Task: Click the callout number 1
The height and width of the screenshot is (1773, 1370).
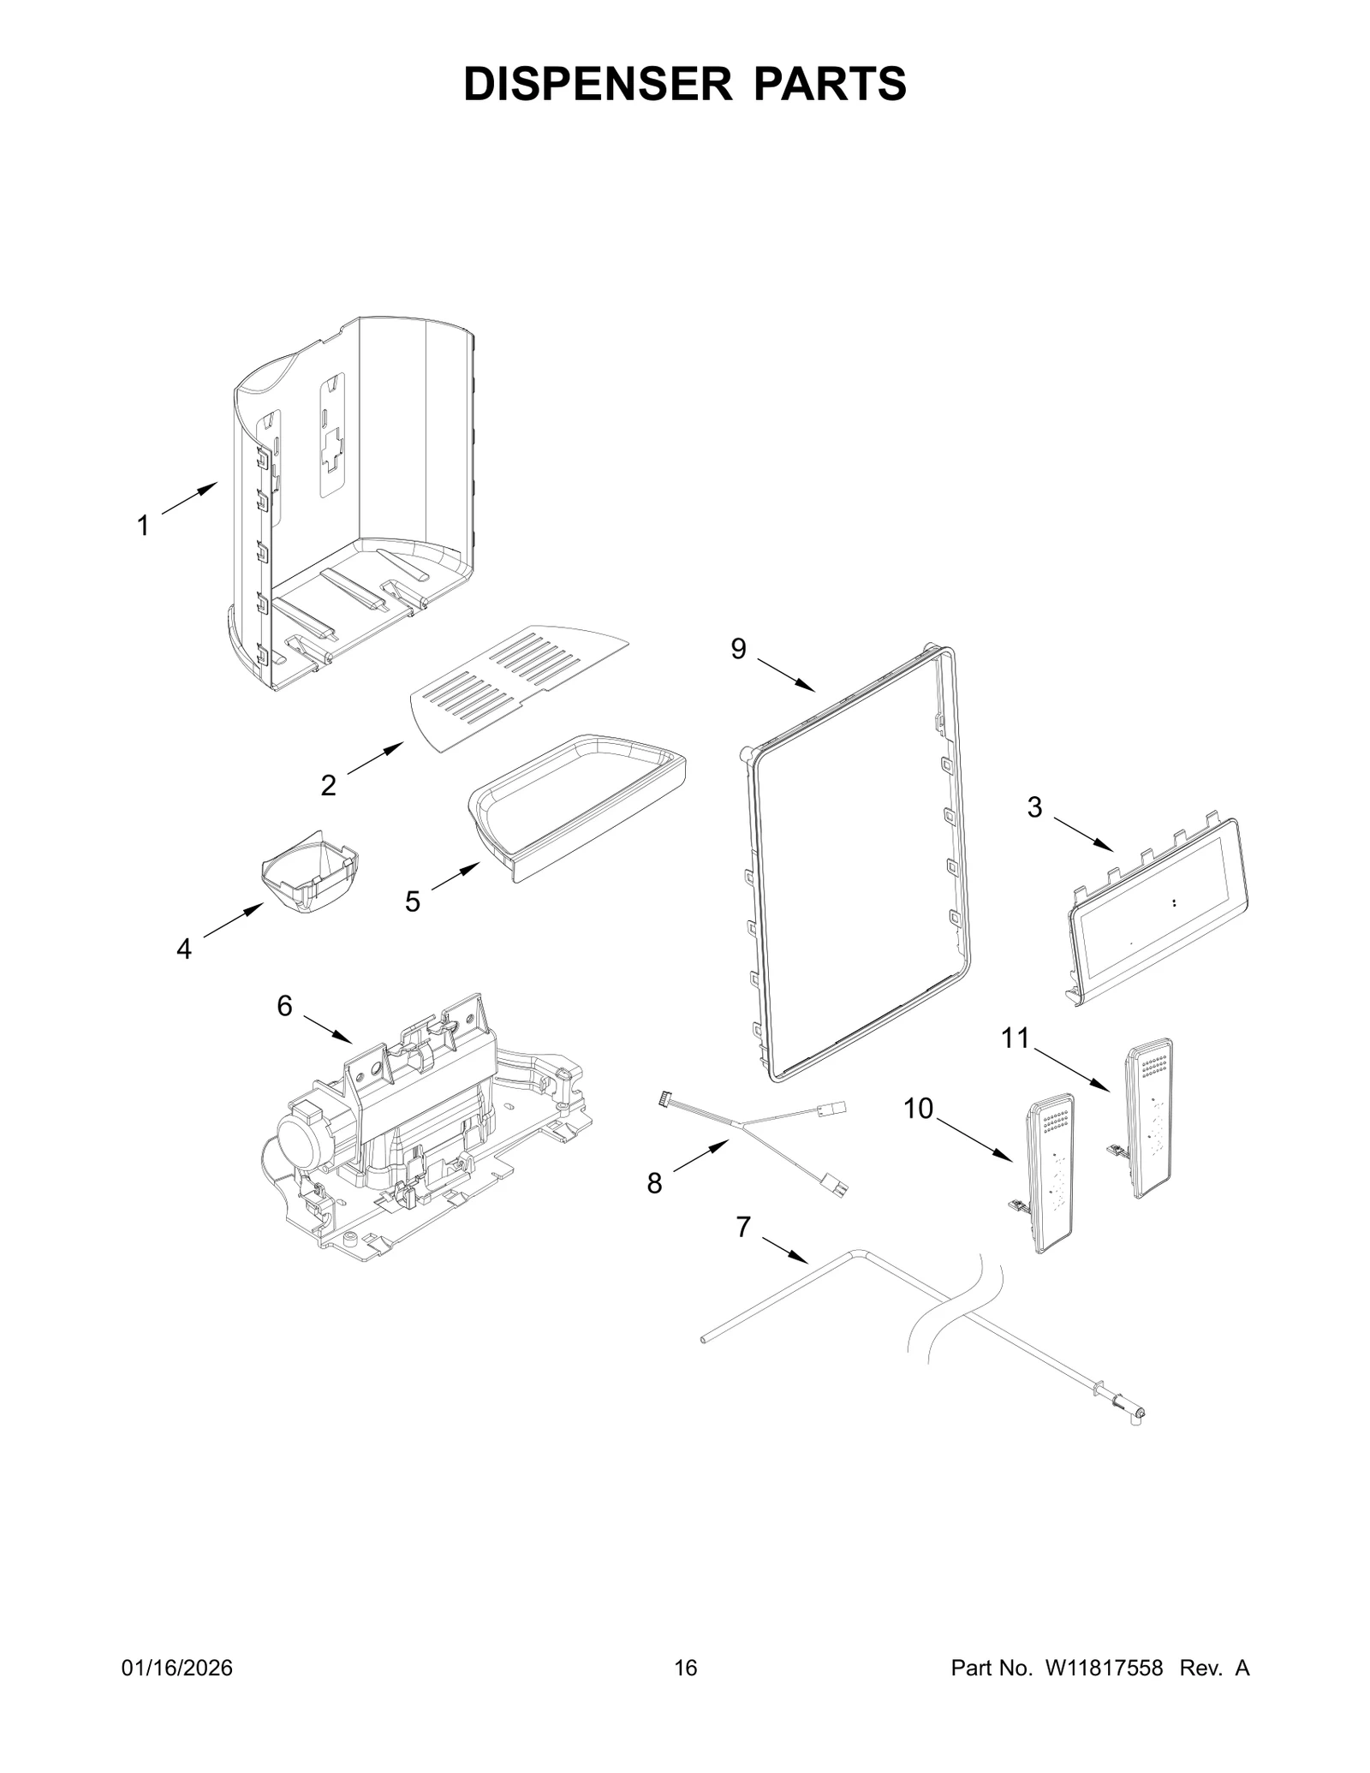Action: tap(143, 526)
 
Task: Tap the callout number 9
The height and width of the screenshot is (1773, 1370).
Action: tap(738, 650)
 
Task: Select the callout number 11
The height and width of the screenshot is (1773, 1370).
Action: tap(1016, 1038)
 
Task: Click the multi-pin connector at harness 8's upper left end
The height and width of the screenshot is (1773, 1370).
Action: tap(666, 1097)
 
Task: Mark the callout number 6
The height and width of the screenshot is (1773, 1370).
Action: tap(284, 1006)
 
